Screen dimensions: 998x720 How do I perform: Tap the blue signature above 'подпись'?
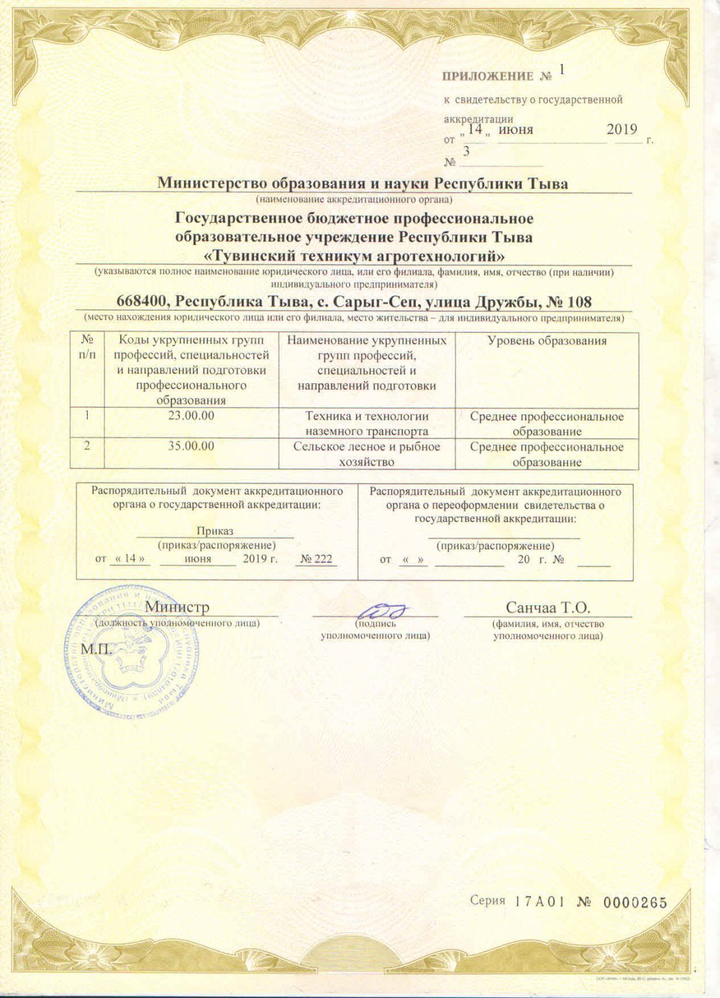[x=383, y=610]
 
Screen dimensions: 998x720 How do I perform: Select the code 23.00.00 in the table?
[x=191, y=416]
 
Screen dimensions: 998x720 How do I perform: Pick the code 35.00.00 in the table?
[x=191, y=446]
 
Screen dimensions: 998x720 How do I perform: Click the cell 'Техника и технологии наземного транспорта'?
[x=366, y=423]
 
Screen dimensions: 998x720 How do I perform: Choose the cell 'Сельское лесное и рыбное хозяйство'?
[x=366, y=454]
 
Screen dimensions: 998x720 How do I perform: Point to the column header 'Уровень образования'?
[x=546, y=340]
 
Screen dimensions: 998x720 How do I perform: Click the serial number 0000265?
[x=635, y=902]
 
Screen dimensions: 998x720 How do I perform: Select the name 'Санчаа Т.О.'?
[x=547, y=608]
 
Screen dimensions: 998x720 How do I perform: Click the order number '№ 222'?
[x=316, y=559]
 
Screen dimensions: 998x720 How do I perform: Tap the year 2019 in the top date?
[x=622, y=129]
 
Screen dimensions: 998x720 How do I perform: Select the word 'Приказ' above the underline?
[x=214, y=531]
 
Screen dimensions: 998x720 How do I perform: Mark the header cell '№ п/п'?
[x=86, y=347]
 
